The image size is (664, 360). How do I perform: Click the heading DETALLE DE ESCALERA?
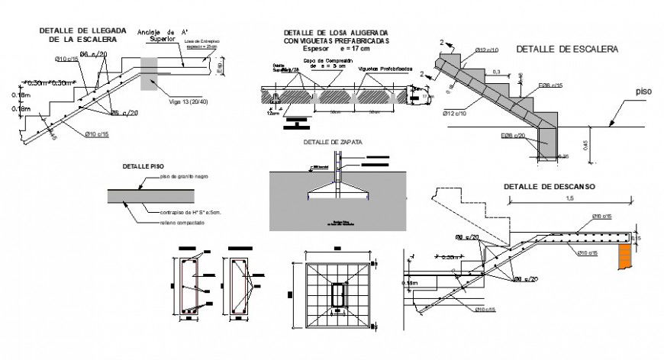pyautogui.click(x=567, y=48)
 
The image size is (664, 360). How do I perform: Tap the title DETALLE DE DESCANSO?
pyautogui.click(x=549, y=186)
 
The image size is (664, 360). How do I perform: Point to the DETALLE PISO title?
pyautogui.click(x=143, y=166)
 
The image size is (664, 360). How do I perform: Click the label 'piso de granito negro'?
pyautogui.click(x=184, y=176)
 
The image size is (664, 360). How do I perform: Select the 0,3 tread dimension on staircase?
pyautogui.click(x=497, y=72)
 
